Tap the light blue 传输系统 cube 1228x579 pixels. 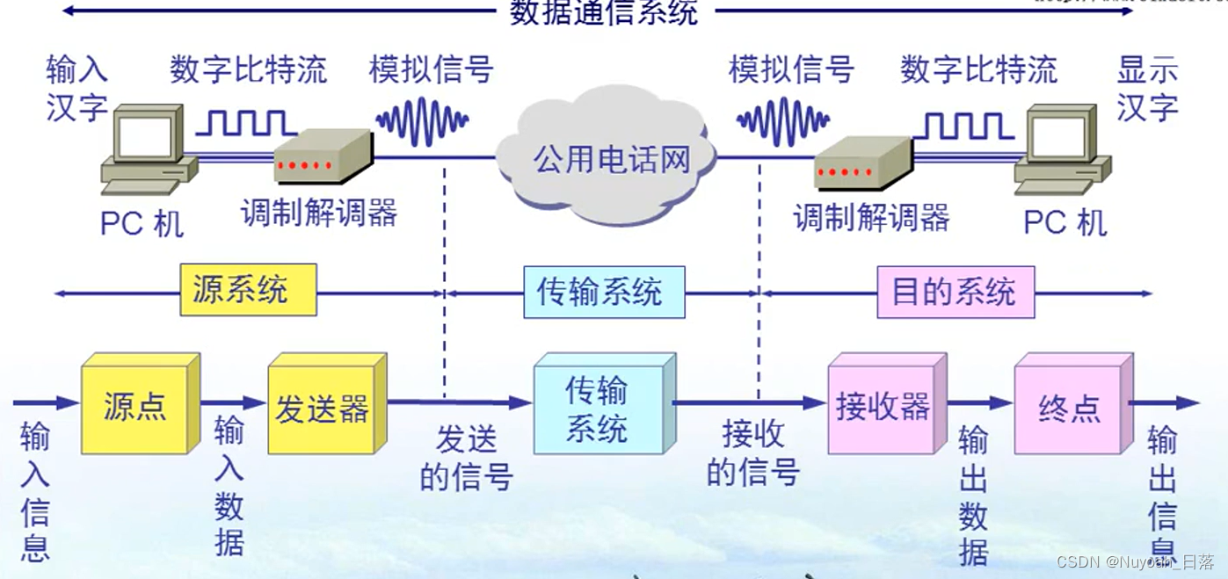597,409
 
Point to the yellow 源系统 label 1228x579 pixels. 248,290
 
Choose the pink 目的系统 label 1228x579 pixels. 956,292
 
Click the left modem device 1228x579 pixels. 321,158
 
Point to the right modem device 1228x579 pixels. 861,165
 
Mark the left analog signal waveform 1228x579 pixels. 422,121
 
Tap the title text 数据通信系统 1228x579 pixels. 604,11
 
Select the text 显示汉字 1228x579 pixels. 1147,88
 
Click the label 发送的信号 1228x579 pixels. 466,457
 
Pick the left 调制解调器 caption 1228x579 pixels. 319,212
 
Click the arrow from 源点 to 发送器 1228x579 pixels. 233,402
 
